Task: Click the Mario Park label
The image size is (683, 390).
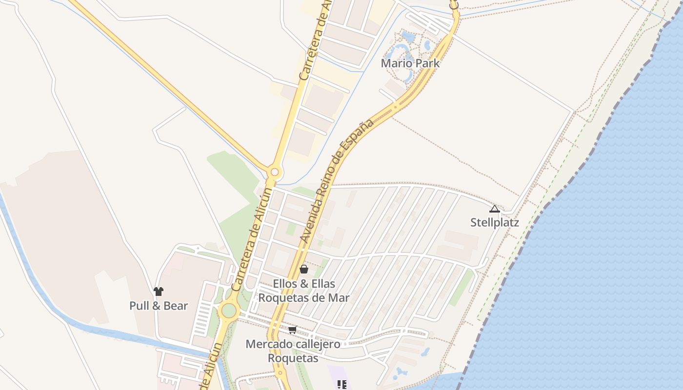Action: [x=410, y=63]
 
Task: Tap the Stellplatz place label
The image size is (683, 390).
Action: [x=494, y=223]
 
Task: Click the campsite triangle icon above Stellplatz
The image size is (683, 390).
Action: [x=494, y=209]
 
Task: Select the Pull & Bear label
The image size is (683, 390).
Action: [x=159, y=306]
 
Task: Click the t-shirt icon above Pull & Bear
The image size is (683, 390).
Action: [x=159, y=292]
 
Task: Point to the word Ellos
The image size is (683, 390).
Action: [x=285, y=284]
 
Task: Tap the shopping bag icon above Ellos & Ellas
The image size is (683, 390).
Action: [x=303, y=269]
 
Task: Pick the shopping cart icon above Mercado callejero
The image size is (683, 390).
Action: [x=292, y=330]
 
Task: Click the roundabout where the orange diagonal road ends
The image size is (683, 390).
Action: [x=275, y=172]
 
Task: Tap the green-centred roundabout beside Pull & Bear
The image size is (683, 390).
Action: [x=228, y=310]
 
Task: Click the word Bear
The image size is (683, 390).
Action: [x=176, y=306]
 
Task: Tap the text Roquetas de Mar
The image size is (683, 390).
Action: [x=303, y=297]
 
